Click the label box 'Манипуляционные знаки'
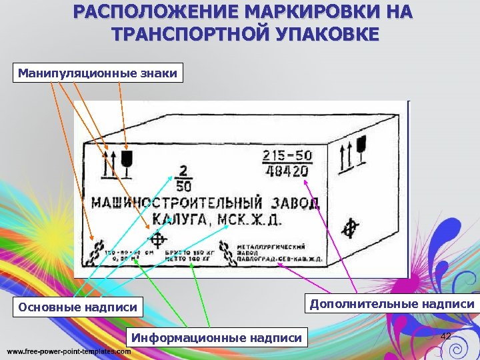(98, 73)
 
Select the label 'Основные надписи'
(78, 307)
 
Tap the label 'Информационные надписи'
(216, 337)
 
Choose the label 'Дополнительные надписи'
(391, 304)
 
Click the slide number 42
(446, 336)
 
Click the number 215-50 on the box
(286, 156)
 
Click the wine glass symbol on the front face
(125, 161)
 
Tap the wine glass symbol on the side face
(363, 147)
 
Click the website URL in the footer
(69, 351)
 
